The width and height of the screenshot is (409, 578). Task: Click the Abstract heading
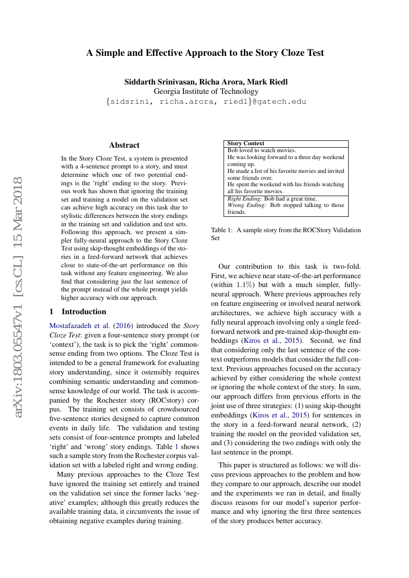[124, 145]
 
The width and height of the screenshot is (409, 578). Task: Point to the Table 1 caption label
[222, 230]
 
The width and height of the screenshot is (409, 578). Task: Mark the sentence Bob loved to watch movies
[262, 151]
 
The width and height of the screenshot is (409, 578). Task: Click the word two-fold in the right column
[346, 266]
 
